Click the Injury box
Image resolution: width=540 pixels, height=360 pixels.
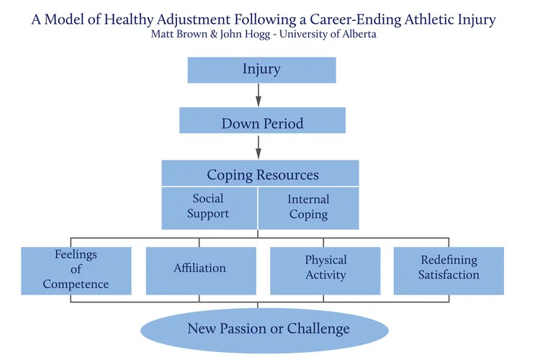(x=261, y=70)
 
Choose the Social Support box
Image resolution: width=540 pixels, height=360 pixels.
(x=208, y=206)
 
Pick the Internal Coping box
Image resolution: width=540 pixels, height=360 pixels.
(x=308, y=207)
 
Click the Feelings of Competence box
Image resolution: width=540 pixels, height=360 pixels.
(x=76, y=270)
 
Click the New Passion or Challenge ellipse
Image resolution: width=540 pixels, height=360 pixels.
(x=268, y=329)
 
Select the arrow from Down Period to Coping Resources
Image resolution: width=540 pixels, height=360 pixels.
(x=258, y=147)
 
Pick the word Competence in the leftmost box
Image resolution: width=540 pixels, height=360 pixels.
(x=76, y=284)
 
